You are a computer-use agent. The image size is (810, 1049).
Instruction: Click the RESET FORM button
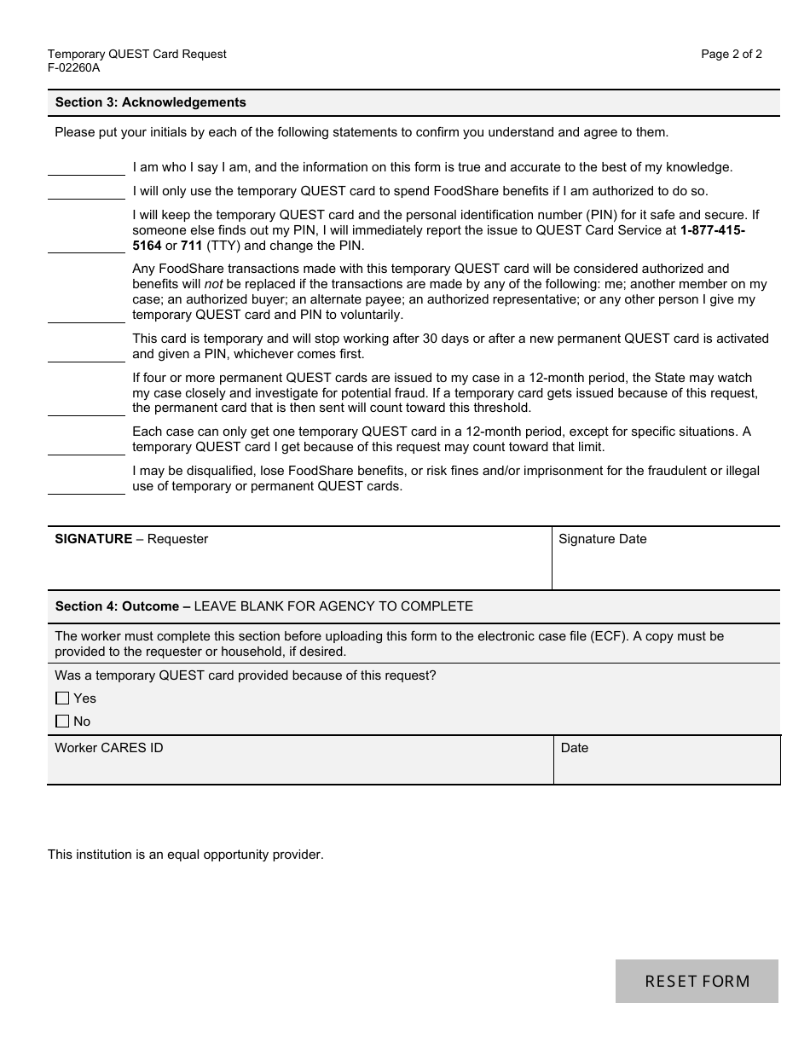click(x=697, y=981)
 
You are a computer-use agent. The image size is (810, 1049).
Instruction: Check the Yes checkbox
click(x=62, y=698)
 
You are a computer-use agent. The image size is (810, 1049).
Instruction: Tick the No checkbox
click(x=62, y=722)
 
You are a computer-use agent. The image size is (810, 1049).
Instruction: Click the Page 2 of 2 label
click(x=732, y=54)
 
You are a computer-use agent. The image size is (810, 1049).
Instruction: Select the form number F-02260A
click(x=74, y=68)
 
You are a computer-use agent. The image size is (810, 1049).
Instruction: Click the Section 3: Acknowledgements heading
click(x=150, y=102)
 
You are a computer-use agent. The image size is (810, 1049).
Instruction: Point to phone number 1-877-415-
click(x=713, y=230)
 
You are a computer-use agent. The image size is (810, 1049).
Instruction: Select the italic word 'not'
click(x=213, y=284)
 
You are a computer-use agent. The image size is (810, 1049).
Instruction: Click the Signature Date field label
click(x=602, y=539)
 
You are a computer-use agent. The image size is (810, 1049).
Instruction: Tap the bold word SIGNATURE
click(x=94, y=539)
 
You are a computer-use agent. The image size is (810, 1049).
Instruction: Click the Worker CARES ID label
click(x=109, y=748)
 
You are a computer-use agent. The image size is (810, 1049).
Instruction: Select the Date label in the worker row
click(x=575, y=748)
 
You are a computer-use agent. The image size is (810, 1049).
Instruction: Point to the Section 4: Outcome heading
click(x=123, y=606)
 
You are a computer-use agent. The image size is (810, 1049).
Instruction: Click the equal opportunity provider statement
click(x=186, y=855)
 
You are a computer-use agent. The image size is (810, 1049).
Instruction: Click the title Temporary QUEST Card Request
click(x=137, y=54)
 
